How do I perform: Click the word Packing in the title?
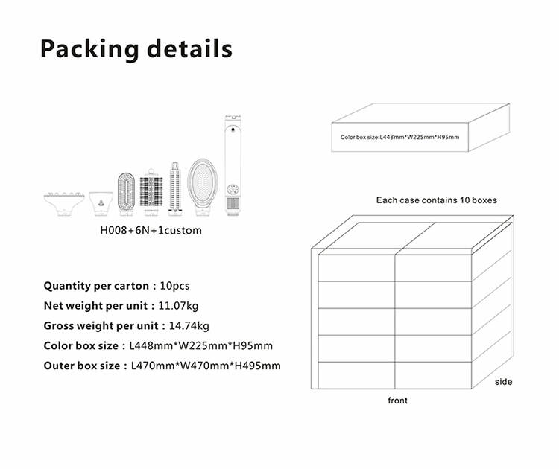pos(89,49)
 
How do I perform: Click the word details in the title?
pos(189,48)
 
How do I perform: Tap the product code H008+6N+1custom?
pos(151,230)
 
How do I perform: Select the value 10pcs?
pos(174,286)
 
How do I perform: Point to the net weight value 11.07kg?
pos(178,306)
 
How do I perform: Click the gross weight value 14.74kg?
pos(189,326)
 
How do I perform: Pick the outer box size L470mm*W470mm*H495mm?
pos(206,366)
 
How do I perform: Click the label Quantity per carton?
pos(96,286)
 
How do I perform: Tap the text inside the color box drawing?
pos(399,137)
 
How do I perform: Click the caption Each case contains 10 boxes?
pos(436,200)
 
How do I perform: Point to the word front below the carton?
pos(397,401)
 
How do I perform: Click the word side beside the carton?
pos(503,382)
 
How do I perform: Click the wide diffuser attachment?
pos(64,204)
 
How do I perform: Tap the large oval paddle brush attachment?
pos(203,188)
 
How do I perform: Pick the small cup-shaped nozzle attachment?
pos(101,204)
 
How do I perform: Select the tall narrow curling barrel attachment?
pos(175,189)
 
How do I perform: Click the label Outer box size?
pos(82,366)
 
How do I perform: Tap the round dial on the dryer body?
pos(233,189)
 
